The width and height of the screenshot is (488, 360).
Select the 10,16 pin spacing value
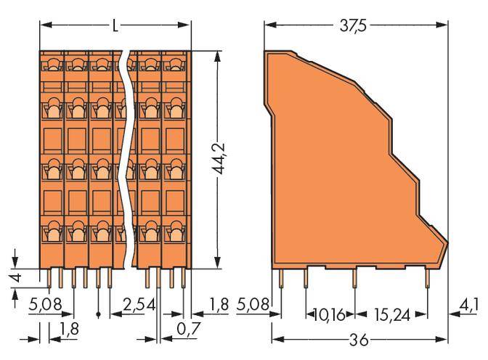tap(330, 315)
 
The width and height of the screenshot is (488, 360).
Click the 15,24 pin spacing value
tap(391, 315)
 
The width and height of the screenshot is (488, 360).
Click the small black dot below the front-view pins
tap(98, 315)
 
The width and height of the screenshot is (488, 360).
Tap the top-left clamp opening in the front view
tap(52, 65)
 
